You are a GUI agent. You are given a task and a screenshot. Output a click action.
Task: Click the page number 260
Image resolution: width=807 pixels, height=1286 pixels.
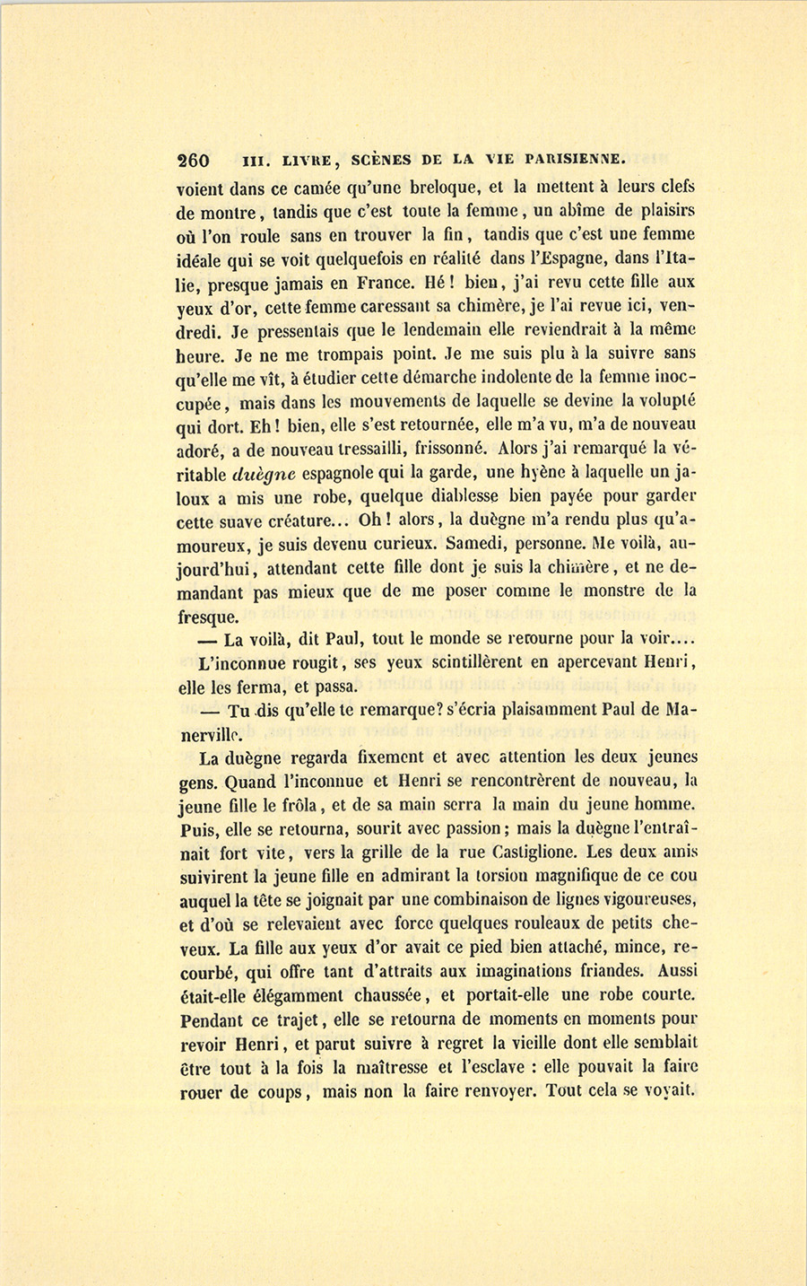coord(193,161)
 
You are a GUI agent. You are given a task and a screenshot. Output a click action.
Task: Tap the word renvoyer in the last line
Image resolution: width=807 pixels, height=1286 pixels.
coord(490,1092)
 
